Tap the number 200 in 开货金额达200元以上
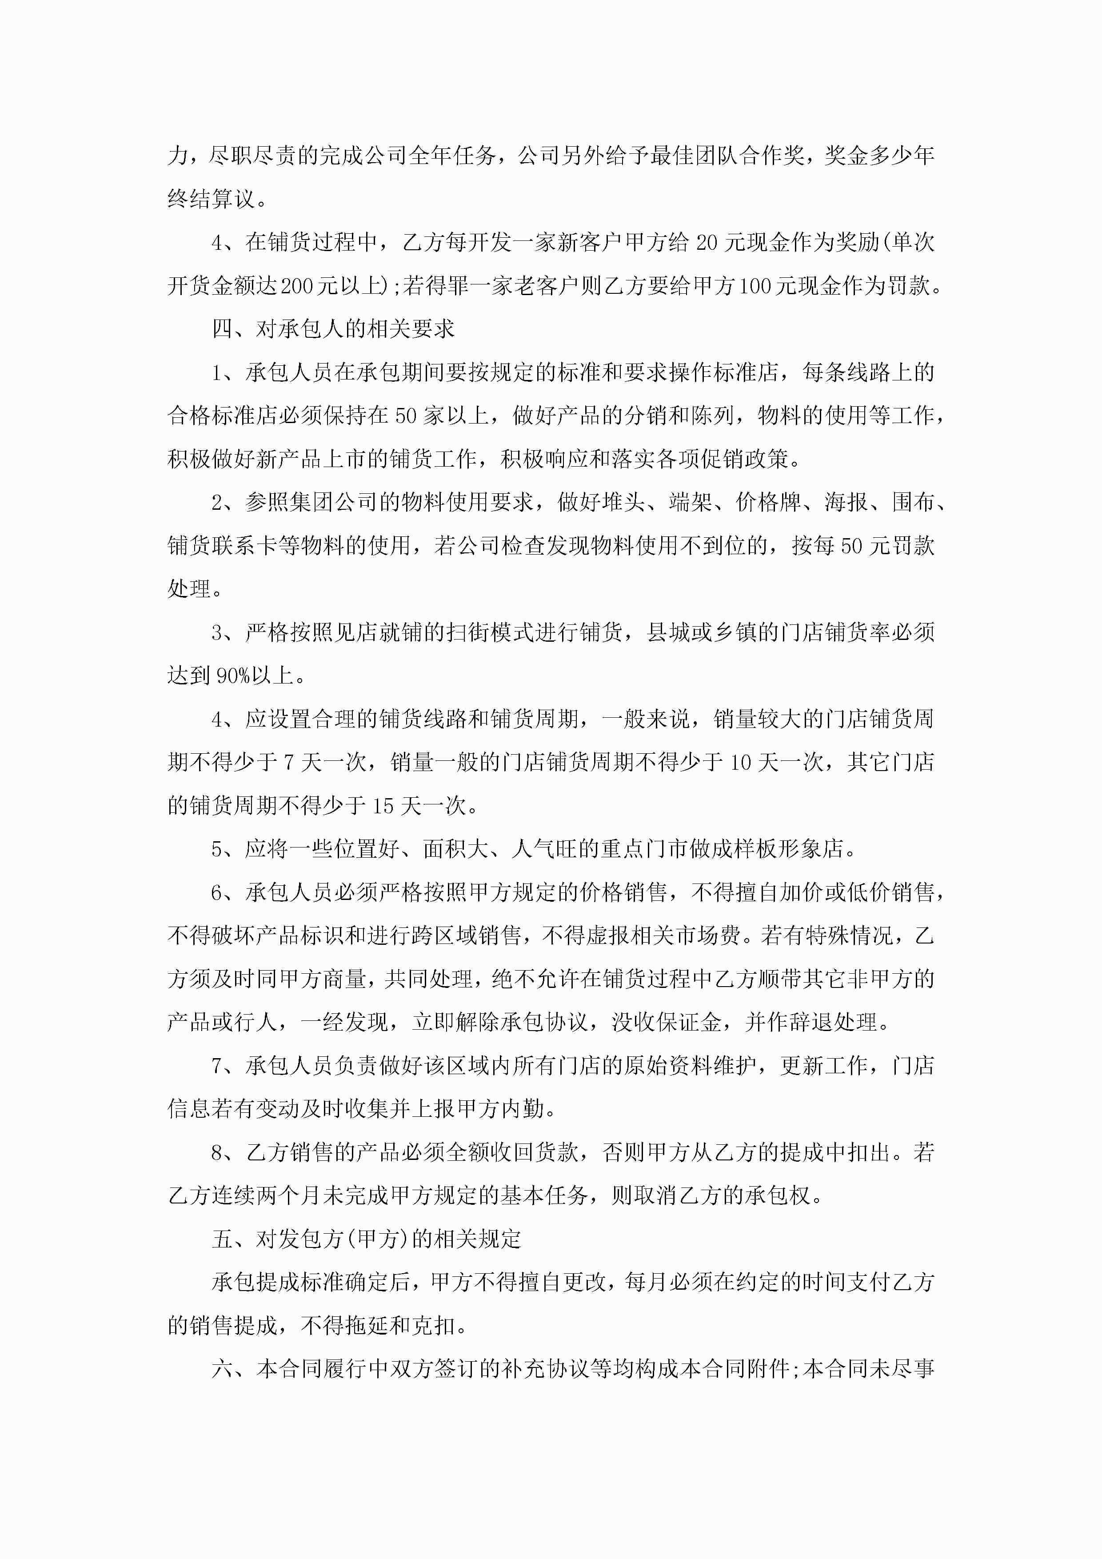[297, 286]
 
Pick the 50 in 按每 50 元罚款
[851, 546]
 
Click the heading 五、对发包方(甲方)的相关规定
[366, 1239]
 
